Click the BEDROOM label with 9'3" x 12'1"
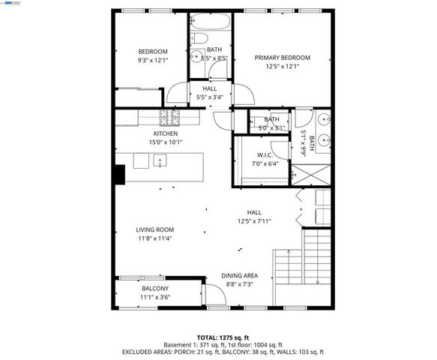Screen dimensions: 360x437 [x=152, y=51]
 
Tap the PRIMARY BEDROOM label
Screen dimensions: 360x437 [x=281, y=58]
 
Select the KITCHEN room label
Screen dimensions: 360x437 [x=166, y=133]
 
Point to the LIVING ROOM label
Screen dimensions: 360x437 [x=154, y=229]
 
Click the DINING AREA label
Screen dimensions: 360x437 [x=239, y=275]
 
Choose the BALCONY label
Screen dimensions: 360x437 [x=155, y=288]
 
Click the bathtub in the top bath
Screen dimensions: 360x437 [x=210, y=22]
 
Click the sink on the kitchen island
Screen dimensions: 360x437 [x=160, y=160]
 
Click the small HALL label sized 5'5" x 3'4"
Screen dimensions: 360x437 [x=211, y=88]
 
